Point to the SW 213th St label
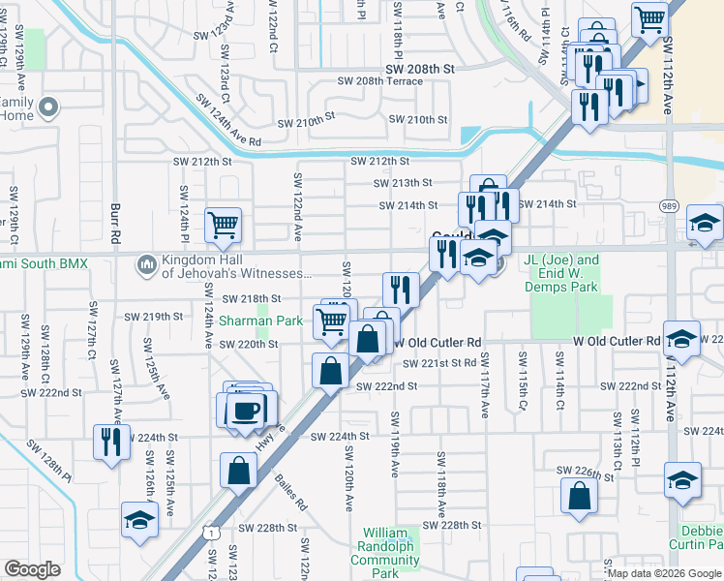pyautogui.click(x=403, y=182)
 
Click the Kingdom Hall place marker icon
pyautogui.click(x=147, y=262)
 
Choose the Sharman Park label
pyautogui.click(x=260, y=321)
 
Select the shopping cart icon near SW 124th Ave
pyautogui.click(x=224, y=225)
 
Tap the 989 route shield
pyautogui.click(x=669, y=206)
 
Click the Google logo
pyautogui.click(x=32, y=568)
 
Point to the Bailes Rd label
pyautogui.click(x=289, y=491)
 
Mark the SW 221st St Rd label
pyautogui.click(x=442, y=363)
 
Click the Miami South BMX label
pyautogui.click(x=44, y=263)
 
